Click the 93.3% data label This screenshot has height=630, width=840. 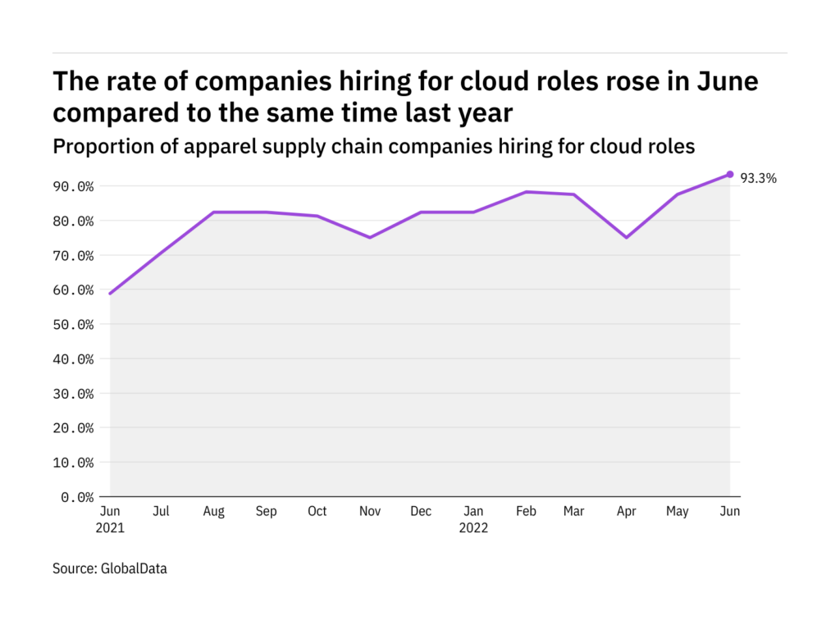[759, 177]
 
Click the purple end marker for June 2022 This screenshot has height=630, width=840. [730, 174]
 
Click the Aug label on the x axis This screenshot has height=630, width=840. [213, 511]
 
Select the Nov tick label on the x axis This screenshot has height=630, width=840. [369, 511]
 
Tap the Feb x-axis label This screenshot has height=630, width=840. [526, 511]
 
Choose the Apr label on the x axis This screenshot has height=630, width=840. [627, 511]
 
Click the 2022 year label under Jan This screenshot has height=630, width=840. [473, 527]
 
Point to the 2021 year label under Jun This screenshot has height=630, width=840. [110, 527]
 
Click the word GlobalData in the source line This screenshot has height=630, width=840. [135, 568]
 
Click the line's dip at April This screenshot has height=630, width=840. [627, 237]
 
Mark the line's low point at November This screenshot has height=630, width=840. [369, 237]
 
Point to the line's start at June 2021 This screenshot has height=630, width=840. [110, 293]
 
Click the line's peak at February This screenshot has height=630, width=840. [526, 192]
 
